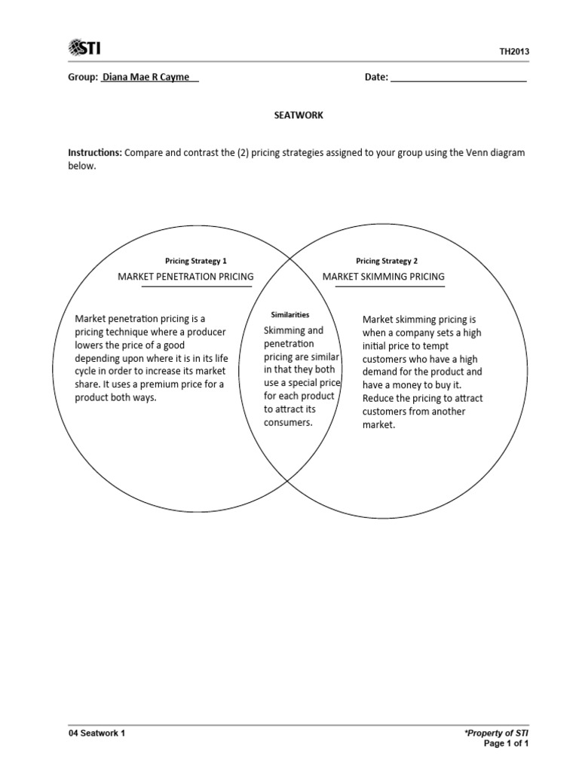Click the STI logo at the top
coord(84,49)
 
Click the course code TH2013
coord(514,51)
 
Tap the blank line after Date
coord(458,77)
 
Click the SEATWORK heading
coord(298,115)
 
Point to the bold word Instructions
coord(95,152)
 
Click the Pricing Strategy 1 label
coord(196,261)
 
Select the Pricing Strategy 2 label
coord(387,261)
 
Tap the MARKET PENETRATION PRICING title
coord(185,277)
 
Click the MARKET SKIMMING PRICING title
coord(384,277)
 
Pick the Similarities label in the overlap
coord(289,314)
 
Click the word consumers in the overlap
coord(287,423)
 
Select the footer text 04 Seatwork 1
coord(96,733)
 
